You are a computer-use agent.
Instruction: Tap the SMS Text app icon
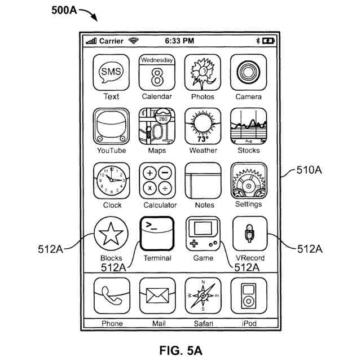(x=111, y=73)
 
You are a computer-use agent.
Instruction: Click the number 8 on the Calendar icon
(x=157, y=77)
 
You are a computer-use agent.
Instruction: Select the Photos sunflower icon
(x=202, y=73)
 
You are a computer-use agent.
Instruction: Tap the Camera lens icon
(x=248, y=73)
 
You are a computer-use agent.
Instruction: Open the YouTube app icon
(x=111, y=126)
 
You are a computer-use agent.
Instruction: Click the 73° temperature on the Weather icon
(x=202, y=139)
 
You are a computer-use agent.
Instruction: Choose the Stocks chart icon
(x=248, y=126)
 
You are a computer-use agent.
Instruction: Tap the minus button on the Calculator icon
(x=165, y=173)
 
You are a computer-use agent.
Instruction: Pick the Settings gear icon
(x=249, y=180)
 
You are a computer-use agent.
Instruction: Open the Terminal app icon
(x=157, y=234)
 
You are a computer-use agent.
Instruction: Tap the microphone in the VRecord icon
(x=249, y=233)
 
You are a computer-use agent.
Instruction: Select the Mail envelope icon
(x=157, y=296)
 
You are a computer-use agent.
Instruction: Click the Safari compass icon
(x=203, y=296)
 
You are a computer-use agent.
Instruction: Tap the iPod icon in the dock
(x=249, y=296)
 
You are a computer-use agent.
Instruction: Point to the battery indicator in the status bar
(x=268, y=41)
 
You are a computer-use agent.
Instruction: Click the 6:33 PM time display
(x=179, y=41)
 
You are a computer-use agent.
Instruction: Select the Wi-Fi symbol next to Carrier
(x=134, y=41)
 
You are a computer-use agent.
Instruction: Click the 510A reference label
(x=309, y=170)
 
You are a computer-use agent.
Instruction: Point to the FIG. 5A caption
(x=180, y=350)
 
